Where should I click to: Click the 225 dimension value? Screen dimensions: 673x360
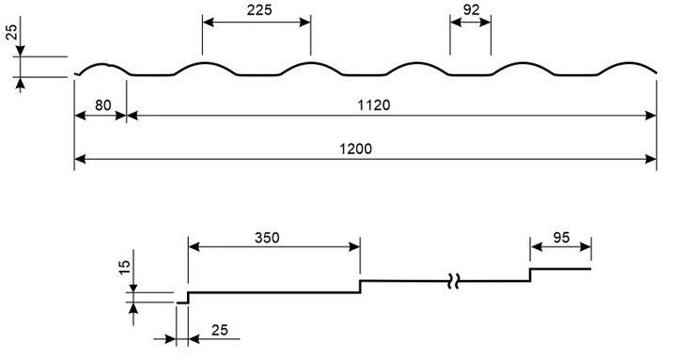point(259,9)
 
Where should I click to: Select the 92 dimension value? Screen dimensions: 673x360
point(471,9)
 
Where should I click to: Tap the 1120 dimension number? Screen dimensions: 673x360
point(374,105)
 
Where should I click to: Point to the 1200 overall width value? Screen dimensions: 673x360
point(356,149)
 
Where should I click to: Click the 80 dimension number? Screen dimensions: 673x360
point(102,105)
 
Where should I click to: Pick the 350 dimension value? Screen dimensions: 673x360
point(267,237)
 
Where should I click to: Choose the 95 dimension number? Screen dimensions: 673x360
point(561,237)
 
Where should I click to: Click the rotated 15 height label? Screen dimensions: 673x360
point(124,267)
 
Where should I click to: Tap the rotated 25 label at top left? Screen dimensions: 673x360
point(11,32)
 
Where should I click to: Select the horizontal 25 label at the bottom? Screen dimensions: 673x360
point(220,330)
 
